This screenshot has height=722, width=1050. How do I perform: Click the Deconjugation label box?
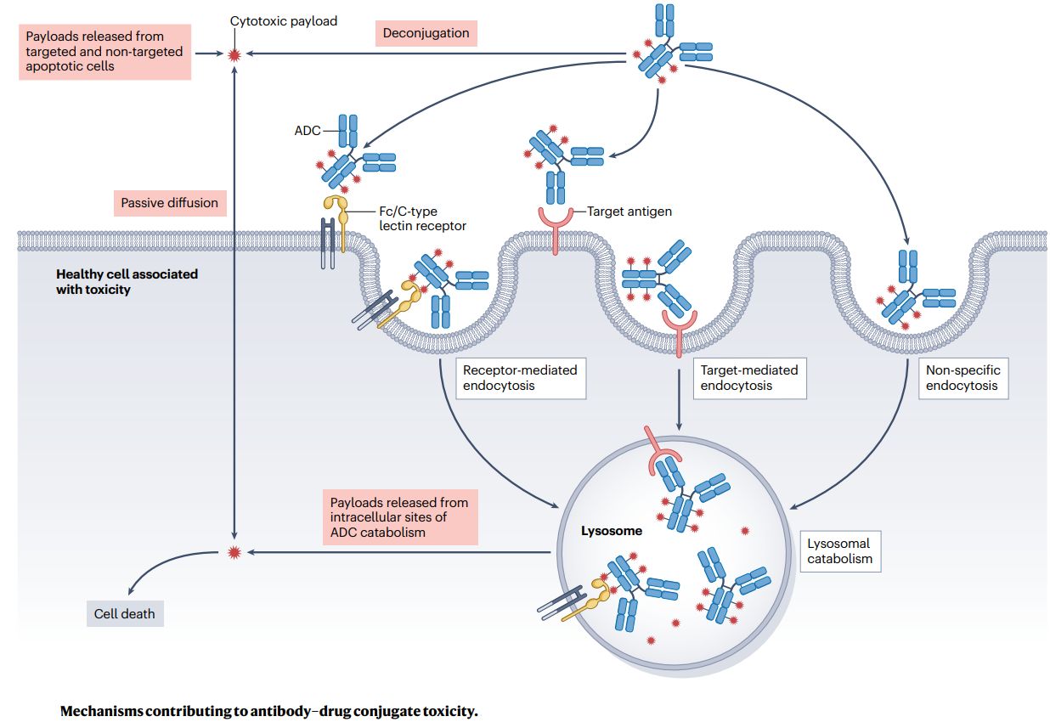(x=426, y=33)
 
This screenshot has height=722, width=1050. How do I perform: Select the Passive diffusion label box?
(x=169, y=203)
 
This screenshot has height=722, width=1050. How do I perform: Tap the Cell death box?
(x=125, y=613)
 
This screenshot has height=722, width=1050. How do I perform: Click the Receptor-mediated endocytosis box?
(x=519, y=378)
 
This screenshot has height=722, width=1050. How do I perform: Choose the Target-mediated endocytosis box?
(x=748, y=378)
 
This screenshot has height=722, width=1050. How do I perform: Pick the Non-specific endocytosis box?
(x=962, y=378)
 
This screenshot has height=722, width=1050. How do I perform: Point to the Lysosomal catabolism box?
(x=839, y=551)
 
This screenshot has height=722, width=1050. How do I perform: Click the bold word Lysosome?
(x=611, y=532)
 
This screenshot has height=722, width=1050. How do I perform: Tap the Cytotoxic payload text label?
(x=284, y=20)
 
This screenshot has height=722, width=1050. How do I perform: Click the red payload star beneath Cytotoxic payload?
(x=235, y=55)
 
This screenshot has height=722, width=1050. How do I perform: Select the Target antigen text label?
(x=629, y=211)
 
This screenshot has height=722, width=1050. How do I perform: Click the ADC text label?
(x=308, y=131)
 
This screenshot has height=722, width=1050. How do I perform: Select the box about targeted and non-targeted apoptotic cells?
(x=104, y=51)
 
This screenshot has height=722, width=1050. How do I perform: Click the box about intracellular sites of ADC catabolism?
(x=399, y=516)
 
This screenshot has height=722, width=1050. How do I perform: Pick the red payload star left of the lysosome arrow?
(x=235, y=552)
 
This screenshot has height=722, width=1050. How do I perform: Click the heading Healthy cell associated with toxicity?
(x=127, y=281)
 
